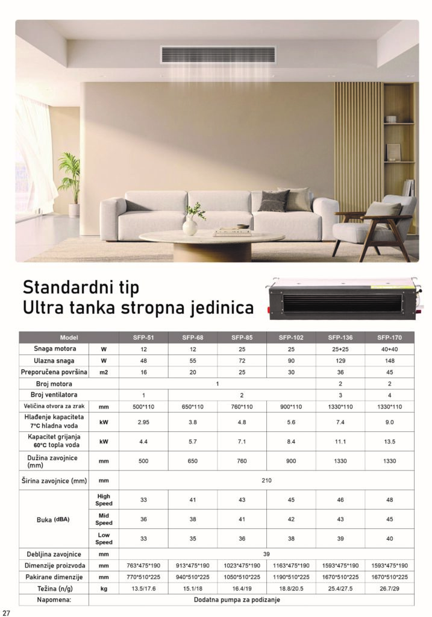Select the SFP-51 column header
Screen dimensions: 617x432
(143, 337)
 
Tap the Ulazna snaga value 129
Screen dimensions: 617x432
(340, 360)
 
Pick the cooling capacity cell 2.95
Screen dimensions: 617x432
(143, 422)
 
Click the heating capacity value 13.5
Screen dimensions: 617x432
(389, 441)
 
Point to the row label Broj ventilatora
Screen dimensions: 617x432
(54, 395)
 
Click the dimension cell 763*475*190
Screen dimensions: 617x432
(143, 565)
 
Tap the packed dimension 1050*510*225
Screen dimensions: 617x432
(242, 577)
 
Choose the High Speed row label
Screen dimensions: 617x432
(104, 500)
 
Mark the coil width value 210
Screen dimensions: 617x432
(267, 480)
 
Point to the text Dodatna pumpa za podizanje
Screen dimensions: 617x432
(236, 600)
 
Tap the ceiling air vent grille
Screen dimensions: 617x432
(218, 55)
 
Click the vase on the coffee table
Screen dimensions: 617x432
(190, 225)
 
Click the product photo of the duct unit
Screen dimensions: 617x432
(343, 297)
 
